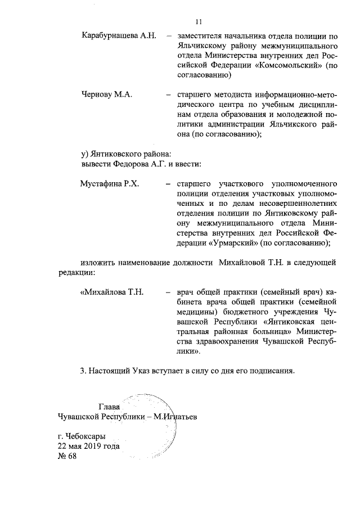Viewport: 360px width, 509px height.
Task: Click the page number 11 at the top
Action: click(198, 22)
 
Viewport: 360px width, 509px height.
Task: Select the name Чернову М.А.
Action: click(107, 94)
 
